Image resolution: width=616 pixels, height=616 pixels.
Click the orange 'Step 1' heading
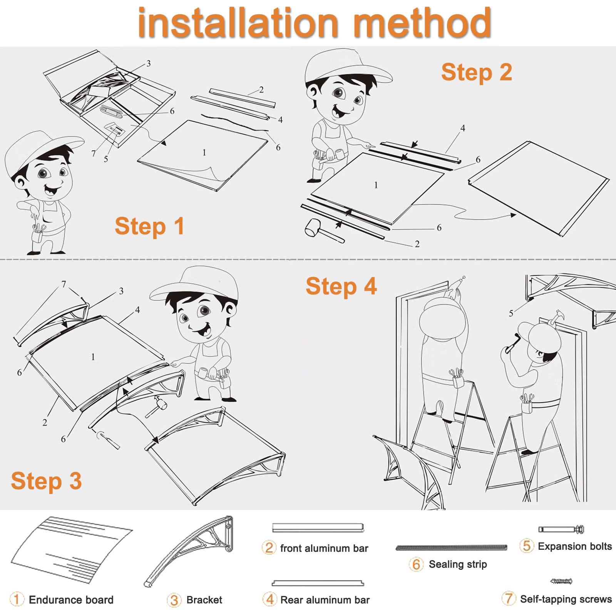(149, 226)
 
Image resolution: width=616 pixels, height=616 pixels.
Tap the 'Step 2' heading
(477, 72)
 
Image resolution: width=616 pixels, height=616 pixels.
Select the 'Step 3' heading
(46, 481)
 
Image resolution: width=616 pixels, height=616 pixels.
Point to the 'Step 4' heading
(341, 286)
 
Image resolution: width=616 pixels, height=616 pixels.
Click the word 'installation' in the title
(238, 23)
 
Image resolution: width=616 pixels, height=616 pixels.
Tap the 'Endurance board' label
(71, 600)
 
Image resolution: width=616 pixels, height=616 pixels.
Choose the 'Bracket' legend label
(204, 600)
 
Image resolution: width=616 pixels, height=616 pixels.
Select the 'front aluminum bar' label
(324, 548)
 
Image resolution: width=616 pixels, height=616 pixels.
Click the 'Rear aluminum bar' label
(325, 600)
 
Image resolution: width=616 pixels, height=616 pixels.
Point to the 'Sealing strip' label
(458, 564)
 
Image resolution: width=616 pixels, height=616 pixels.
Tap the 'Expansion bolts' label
(575, 546)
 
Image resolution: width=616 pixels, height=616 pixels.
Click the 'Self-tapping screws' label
(566, 599)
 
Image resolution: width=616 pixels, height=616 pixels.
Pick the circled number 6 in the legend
(416, 564)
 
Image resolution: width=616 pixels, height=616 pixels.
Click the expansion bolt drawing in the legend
(561, 529)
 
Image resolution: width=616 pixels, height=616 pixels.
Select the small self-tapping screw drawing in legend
(561, 581)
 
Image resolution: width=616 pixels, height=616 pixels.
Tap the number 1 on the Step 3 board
(93, 357)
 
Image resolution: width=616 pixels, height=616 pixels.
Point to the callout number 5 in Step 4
(511, 313)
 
